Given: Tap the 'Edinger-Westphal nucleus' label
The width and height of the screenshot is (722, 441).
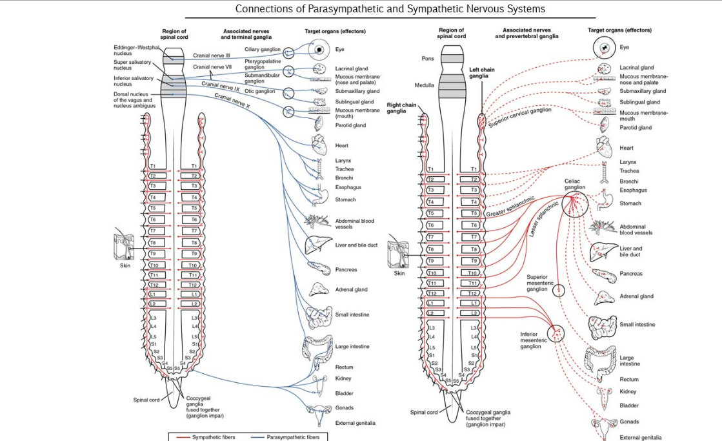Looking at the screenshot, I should click(x=135, y=50).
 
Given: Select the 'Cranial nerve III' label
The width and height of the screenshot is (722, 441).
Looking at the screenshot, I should click(x=212, y=55).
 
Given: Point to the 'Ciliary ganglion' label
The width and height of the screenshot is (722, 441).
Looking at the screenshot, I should click(x=262, y=49).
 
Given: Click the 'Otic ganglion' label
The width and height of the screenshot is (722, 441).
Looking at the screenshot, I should click(x=259, y=91).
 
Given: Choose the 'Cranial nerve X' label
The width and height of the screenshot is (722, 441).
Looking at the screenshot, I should click(x=232, y=100).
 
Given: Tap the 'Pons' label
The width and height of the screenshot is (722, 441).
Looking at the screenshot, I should click(x=428, y=58).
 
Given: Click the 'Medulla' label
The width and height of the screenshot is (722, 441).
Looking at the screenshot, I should click(x=425, y=85).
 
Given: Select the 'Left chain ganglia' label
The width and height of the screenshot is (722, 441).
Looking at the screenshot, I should click(x=479, y=72).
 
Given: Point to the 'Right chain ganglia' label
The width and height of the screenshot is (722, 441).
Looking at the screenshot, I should click(x=401, y=107).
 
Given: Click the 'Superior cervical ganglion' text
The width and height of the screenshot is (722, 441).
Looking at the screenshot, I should click(x=519, y=118).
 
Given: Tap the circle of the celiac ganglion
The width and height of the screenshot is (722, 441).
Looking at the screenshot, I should click(x=574, y=205).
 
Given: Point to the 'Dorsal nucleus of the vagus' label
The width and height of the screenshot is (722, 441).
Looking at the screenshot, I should click(x=133, y=100).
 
